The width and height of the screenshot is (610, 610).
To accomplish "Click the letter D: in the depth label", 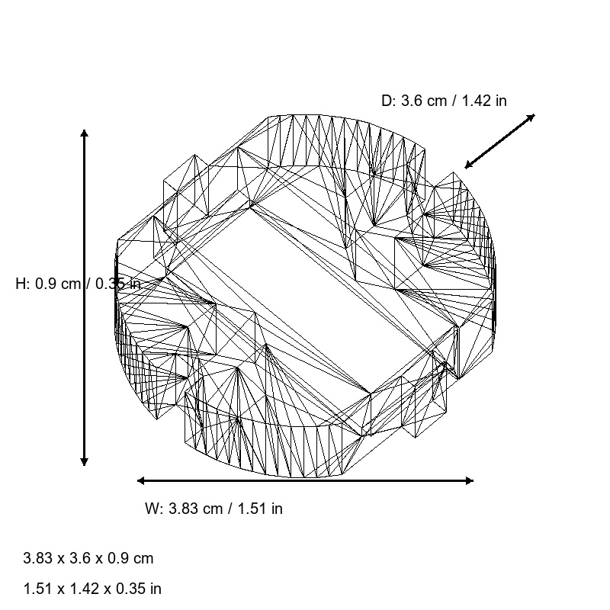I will (x=389, y=101).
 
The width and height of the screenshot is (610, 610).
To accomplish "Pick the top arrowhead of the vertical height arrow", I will (x=84, y=133).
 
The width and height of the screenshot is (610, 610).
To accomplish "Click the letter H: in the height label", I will (x=23, y=284).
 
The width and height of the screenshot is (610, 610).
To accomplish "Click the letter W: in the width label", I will (x=154, y=509).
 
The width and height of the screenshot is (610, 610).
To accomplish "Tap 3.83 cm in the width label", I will (x=194, y=509).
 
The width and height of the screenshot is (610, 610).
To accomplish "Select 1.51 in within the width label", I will (x=258, y=509).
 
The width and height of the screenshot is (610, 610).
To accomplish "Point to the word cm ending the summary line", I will (x=144, y=558).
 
